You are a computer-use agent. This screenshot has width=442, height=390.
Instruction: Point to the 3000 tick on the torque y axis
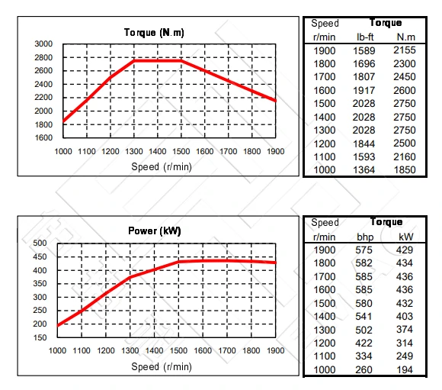click(43, 44)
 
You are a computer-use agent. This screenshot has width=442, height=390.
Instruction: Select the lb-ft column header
click(364, 36)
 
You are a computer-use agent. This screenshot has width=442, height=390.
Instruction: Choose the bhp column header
click(364, 236)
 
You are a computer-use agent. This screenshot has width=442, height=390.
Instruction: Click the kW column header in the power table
click(405, 236)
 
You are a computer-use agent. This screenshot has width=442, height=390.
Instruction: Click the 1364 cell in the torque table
click(364, 169)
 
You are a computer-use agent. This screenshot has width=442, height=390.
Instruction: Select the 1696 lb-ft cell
click(364, 63)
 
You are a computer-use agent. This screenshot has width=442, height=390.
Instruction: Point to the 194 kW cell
click(405, 369)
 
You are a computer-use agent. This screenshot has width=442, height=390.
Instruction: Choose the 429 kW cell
click(405, 250)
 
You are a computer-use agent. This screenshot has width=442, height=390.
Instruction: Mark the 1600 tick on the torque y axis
click(43, 138)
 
